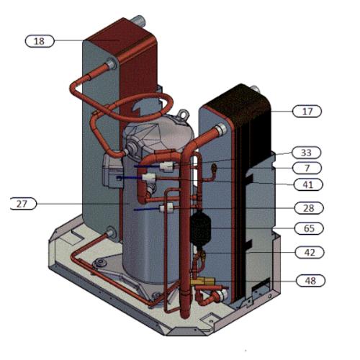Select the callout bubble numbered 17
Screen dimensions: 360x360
(307, 111)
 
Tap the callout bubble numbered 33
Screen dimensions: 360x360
(307, 153)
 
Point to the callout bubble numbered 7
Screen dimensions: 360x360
(307, 168)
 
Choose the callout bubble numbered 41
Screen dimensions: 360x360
(307, 184)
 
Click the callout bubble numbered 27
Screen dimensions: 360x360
(24, 204)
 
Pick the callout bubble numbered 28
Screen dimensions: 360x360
(307, 207)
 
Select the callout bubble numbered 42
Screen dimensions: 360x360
(307, 252)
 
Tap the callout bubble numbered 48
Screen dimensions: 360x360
(307, 279)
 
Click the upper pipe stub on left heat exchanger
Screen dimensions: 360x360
(112, 67)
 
